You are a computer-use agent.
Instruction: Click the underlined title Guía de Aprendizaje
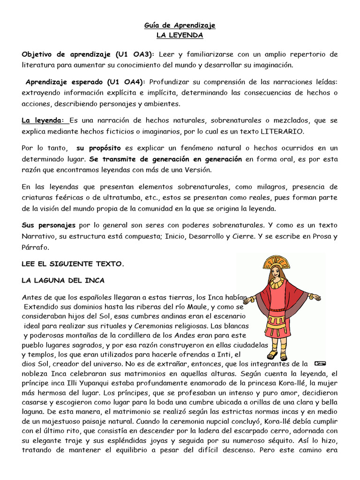tap(180, 25)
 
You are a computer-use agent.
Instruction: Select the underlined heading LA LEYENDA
tap(180, 35)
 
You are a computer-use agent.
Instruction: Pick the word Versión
tap(199, 169)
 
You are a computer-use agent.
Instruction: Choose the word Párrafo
tap(35, 247)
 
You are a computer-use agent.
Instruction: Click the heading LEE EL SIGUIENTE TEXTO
tap(73, 264)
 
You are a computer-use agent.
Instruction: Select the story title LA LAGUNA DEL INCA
tap(63, 281)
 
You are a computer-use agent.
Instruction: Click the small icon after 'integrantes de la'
tap(321, 363)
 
